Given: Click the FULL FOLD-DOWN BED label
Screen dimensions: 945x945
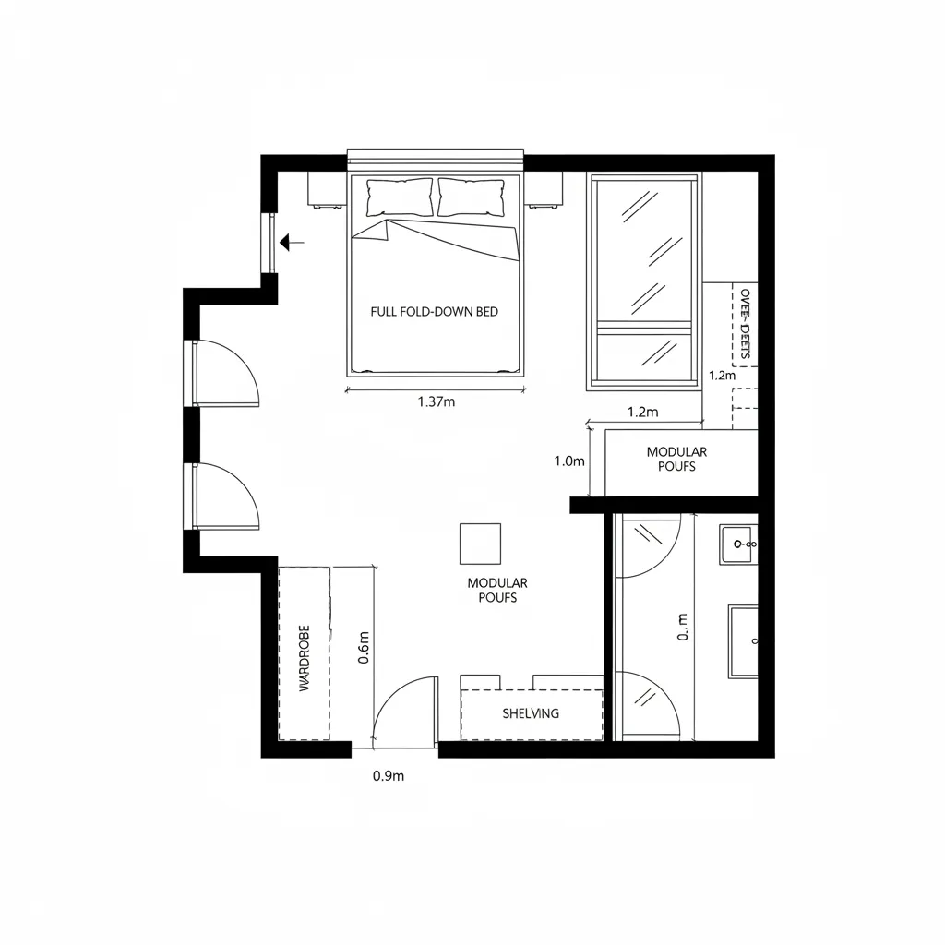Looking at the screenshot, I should click(434, 312).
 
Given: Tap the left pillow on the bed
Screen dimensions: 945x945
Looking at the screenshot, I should click(400, 197).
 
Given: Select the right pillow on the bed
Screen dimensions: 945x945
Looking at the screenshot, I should click(471, 197).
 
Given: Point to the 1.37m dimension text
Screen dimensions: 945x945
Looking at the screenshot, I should click(437, 402).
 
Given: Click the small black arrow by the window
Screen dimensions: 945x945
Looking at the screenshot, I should click(293, 243).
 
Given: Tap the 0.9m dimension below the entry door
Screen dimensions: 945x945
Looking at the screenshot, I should click(389, 776).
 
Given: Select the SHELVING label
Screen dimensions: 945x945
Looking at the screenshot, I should click(531, 713).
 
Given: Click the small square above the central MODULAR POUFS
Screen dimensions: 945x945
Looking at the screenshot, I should click(480, 544).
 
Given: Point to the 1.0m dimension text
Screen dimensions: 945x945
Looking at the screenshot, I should click(569, 461).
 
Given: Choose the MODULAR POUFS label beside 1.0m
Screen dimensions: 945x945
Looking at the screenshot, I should click(676, 459).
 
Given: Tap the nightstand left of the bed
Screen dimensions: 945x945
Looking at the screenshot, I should click(326, 189).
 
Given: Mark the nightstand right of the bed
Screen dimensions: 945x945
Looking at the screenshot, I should click(544, 189).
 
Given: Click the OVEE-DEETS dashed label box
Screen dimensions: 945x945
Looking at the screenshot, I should click(745, 324).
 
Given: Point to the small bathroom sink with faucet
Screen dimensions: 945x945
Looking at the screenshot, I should click(739, 544).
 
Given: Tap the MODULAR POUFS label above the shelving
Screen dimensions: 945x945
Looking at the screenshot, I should click(497, 590).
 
